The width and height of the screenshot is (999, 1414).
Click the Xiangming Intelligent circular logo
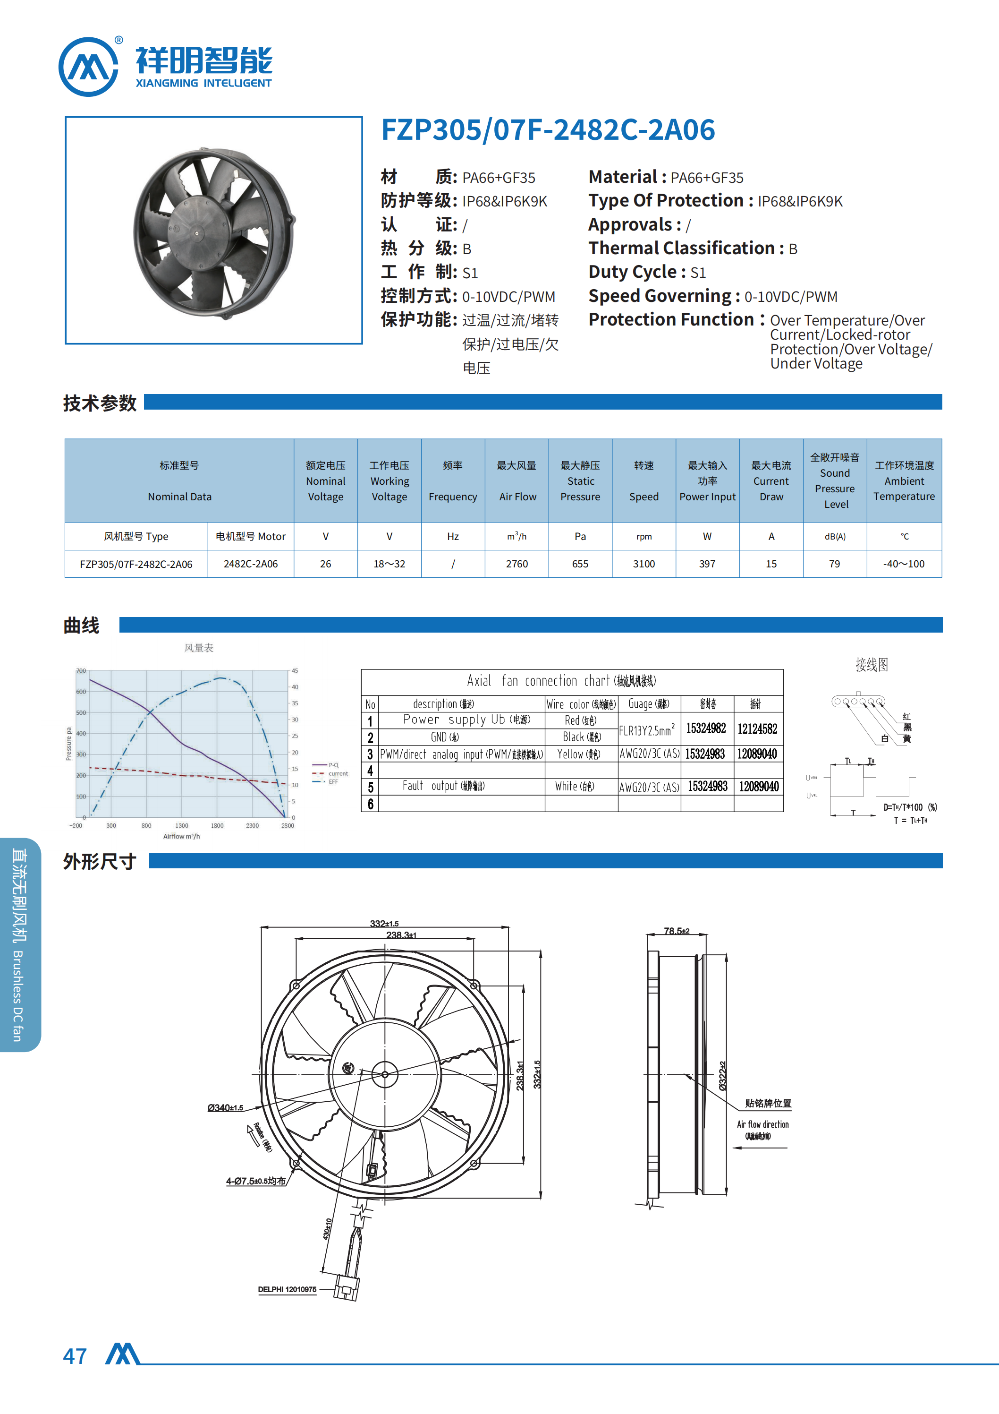[x=88, y=67]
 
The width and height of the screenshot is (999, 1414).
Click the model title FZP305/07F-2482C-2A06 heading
[x=548, y=130]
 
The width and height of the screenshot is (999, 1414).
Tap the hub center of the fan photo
[x=197, y=233]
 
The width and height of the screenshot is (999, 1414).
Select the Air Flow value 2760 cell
[x=516, y=564]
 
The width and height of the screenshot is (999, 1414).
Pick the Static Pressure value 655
[x=580, y=564]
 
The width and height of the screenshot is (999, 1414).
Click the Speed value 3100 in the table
[x=644, y=564]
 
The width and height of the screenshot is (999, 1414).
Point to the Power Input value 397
[x=707, y=564]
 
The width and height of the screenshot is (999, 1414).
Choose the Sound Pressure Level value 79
[x=834, y=564]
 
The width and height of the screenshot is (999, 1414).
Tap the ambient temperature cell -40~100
[x=904, y=564]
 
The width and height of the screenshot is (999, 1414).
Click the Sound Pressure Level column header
[x=835, y=480]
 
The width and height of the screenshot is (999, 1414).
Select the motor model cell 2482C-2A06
[x=251, y=564]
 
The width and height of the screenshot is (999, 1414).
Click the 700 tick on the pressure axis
[x=81, y=671]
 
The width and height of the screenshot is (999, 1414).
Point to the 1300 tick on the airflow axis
[x=182, y=826]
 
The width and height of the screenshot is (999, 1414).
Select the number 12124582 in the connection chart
[x=757, y=728]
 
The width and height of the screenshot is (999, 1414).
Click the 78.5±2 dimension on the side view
[x=676, y=931]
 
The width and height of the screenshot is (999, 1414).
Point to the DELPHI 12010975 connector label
[x=287, y=1289]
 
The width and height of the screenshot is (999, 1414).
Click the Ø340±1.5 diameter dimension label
[x=225, y=1108]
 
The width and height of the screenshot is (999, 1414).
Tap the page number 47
[x=75, y=1356]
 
